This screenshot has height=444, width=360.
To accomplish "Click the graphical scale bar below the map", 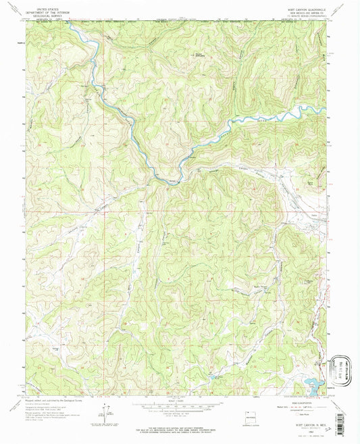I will point(180,405).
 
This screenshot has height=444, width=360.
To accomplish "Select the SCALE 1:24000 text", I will point(180,400).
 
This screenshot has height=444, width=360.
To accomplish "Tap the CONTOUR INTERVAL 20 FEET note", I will point(180,412).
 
